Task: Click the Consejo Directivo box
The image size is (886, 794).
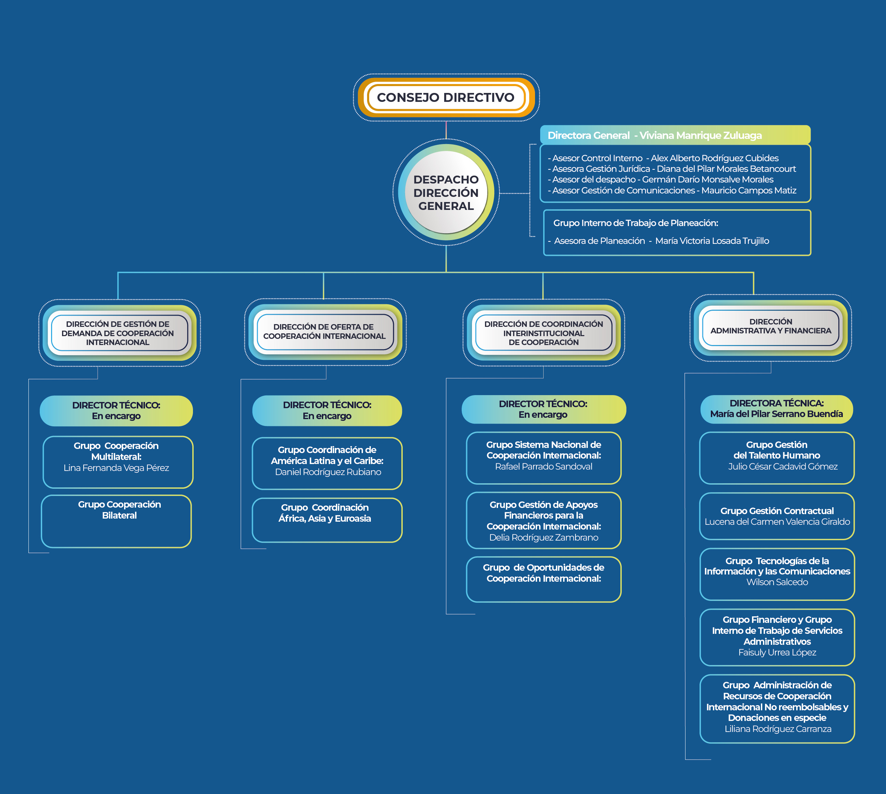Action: [446, 97]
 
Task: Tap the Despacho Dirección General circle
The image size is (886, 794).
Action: [446, 192]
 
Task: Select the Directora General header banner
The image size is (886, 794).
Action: [675, 135]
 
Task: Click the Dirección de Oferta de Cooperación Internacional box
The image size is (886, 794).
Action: [324, 332]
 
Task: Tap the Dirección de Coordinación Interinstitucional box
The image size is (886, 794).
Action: [543, 333]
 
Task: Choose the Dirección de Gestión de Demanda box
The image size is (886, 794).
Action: [118, 333]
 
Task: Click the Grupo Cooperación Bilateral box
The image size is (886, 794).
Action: [117, 521]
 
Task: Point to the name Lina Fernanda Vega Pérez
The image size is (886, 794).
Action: [117, 468]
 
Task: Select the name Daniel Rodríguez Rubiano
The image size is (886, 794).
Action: [328, 472]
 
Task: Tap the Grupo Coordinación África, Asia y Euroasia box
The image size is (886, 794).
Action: [327, 520]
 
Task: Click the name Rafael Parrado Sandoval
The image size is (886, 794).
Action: [544, 466]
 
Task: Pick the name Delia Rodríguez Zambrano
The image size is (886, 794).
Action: [544, 537]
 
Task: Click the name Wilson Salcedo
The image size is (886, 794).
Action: [777, 582]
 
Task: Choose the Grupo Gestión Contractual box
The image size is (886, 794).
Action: [777, 516]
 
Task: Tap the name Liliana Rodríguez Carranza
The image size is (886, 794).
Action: [778, 728]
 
